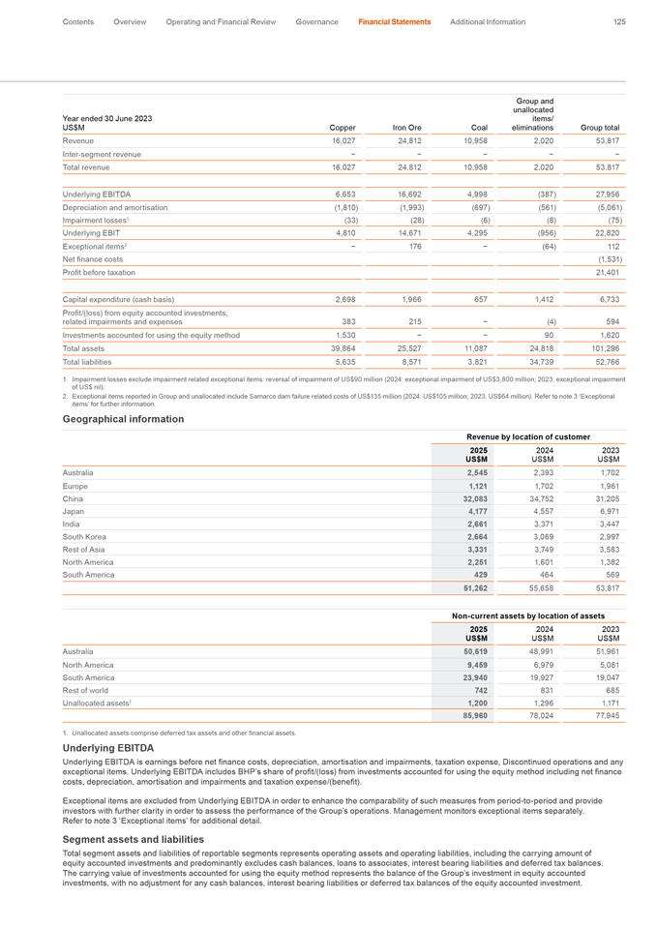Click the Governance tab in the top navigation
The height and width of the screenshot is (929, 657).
[x=316, y=21]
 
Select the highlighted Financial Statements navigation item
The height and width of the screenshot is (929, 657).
[x=394, y=21]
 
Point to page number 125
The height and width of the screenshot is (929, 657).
[x=619, y=21]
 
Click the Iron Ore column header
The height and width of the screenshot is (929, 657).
[x=406, y=127]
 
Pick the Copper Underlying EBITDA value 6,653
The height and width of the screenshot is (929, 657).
[x=345, y=194]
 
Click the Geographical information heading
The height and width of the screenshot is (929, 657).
[x=123, y=419]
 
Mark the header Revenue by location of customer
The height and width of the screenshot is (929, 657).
[x=527, y=438]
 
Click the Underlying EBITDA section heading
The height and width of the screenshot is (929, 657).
[x=107, y=775]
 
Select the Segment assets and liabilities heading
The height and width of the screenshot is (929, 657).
[x=133, y=838]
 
